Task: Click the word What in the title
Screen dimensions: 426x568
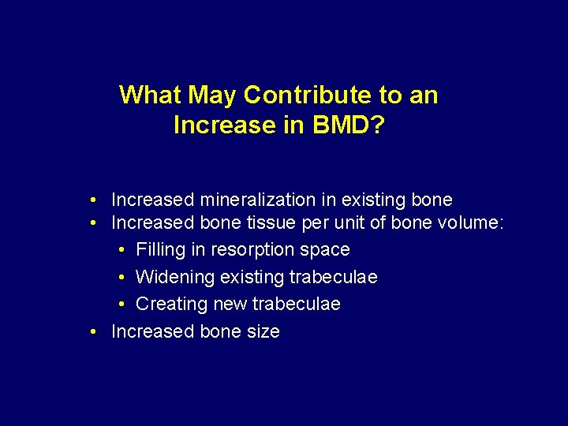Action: click(148, 95)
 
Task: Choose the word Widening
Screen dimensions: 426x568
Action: click(170, 278)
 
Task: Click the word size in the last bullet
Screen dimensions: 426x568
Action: click(263, 331)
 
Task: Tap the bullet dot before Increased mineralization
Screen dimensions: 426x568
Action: click(93, 200)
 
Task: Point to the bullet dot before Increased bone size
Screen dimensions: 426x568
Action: click(93, 331)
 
